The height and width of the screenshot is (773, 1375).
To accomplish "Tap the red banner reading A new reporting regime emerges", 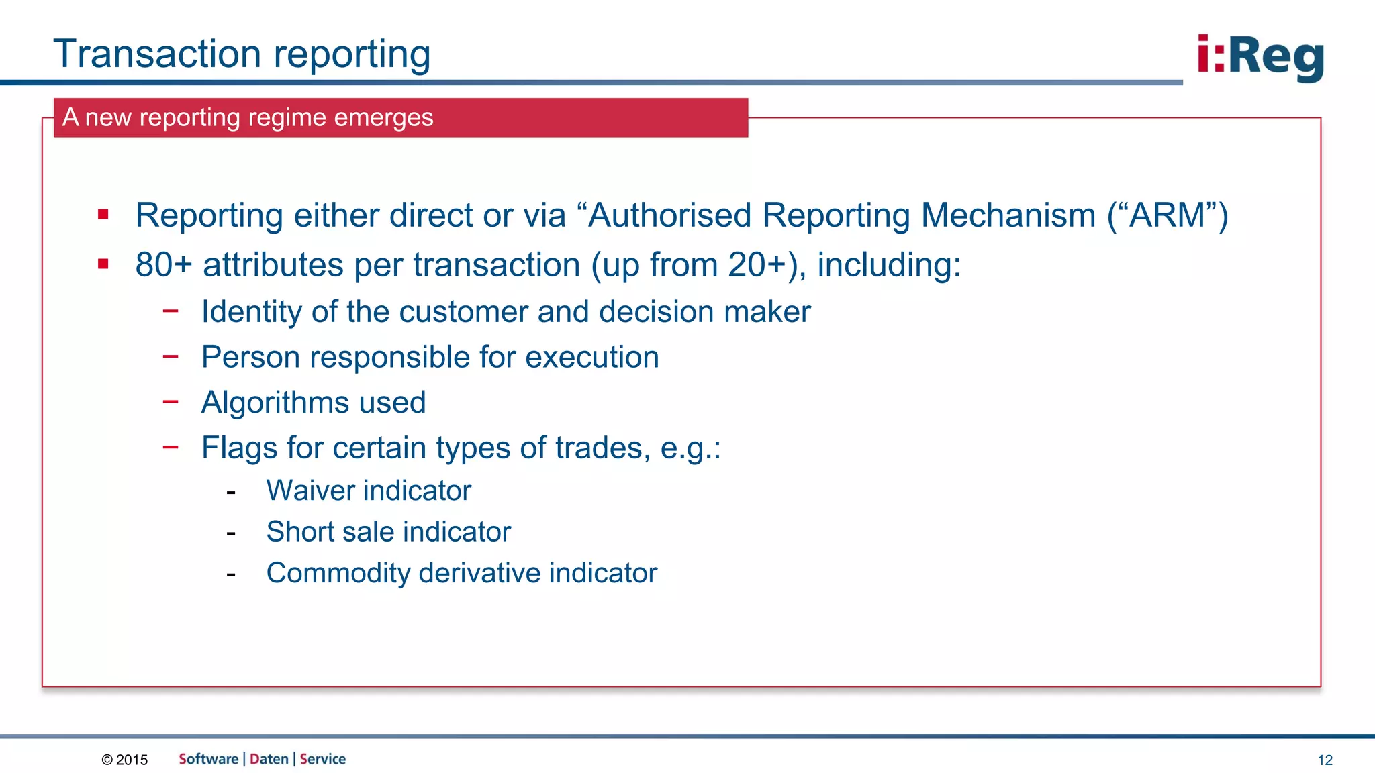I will [x=400, y=117].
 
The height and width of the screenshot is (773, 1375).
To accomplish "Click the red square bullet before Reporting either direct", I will [x=103, y=215].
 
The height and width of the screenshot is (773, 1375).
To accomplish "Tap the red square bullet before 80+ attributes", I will [x=103, y=264].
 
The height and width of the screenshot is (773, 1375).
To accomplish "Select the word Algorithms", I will [x=275, y=403].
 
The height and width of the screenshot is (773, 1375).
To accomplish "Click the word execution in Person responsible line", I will [x=591, y=357].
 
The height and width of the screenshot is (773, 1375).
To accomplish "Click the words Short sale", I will [x=330, y=532].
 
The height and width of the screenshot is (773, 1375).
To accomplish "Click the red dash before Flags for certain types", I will [x=171, y=446].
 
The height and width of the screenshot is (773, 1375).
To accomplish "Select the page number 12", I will [x=1325, y=760].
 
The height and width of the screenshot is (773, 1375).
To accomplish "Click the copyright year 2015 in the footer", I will [x=132, y=760].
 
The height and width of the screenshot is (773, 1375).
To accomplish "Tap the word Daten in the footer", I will [x=269, y=759].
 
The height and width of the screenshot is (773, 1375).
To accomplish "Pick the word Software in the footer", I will [x=208, y=759].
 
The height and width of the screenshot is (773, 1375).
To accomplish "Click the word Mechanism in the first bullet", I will [x=1008, y=216].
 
